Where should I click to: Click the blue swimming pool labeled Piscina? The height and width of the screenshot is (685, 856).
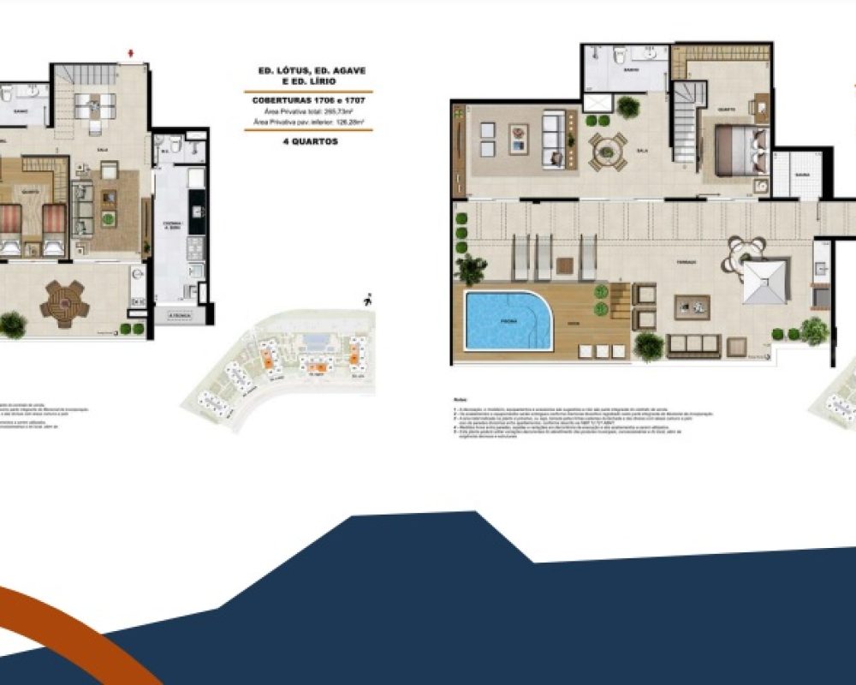[507, 320]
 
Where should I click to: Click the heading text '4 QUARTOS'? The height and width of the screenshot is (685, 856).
[308, 142]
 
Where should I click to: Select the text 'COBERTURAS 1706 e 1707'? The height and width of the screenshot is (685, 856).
[308, 100]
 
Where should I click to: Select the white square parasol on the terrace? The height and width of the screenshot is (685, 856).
[764, 281]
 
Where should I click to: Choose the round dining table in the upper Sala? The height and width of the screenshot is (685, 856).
[607, 151]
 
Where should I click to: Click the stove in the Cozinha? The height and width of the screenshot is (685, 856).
[195, 247]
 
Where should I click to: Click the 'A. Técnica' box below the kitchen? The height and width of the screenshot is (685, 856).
[179, 316]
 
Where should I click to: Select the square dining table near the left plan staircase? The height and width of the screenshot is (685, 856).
[94, 104]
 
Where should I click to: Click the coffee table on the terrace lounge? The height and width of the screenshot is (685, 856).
[692, 306]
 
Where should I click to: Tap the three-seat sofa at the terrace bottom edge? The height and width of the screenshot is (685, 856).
[693, 346]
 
